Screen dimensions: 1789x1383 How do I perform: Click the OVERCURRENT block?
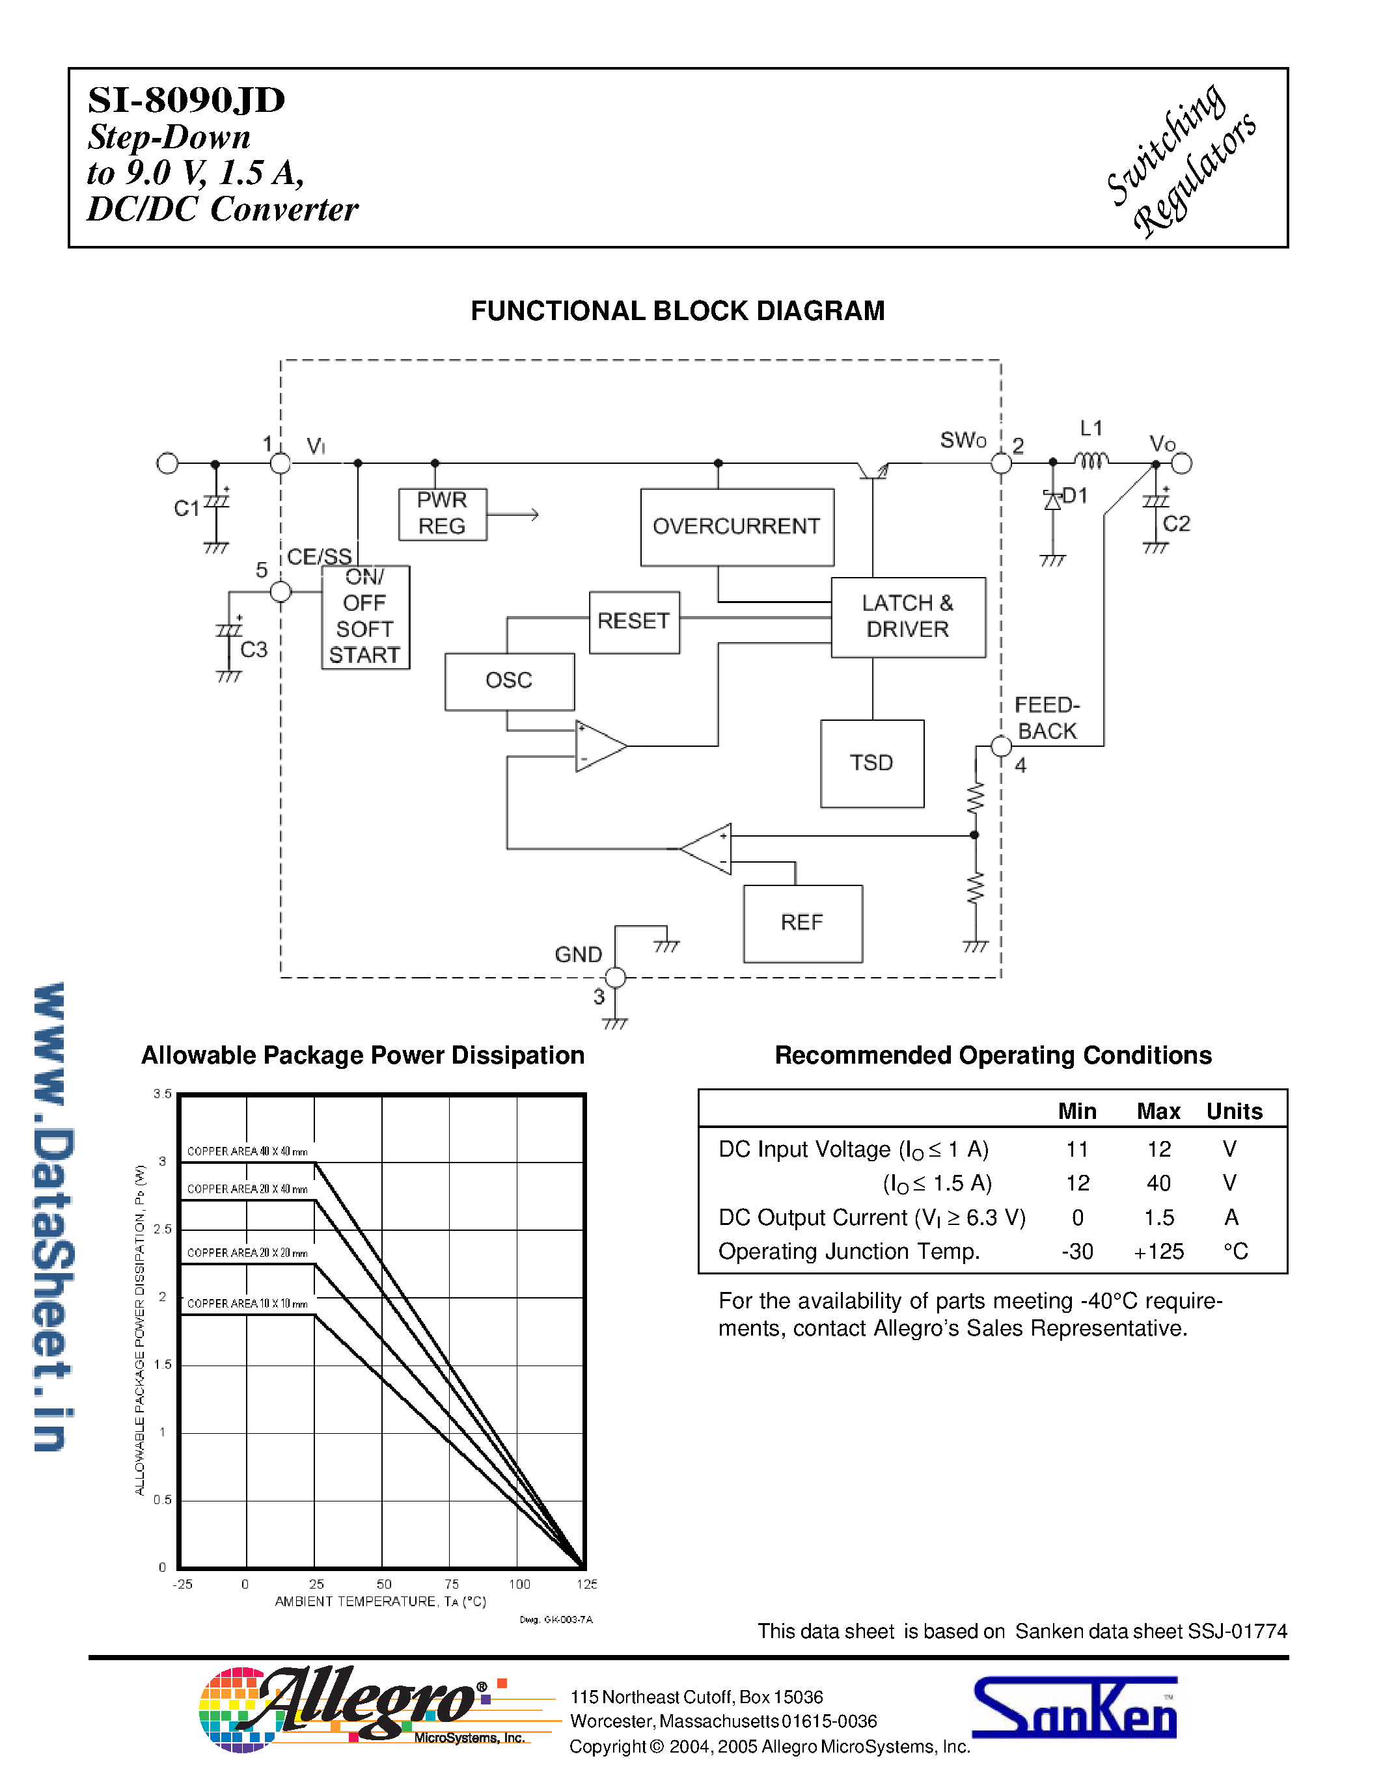(x=737, y=527)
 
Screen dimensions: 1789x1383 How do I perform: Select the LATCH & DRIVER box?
(x=908, y=617)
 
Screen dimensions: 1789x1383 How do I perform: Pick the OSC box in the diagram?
(x=509, y=680)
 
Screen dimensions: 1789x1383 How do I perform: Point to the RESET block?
(x=634, y=622)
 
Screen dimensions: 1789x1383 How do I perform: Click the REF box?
(x=802, y=923)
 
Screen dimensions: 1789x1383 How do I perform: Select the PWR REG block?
(x=443, y=513)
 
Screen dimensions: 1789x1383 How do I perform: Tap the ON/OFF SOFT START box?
(x=365, y=617)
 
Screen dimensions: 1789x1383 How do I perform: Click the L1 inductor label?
(x=1091, y=429)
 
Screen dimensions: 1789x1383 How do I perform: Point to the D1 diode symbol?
(x=1052, y=500)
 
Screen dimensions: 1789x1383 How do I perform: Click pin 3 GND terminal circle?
(x=615, y=977)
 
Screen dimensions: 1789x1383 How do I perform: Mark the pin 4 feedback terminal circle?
(x=1000, y=746)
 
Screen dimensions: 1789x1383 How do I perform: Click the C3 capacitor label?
(x=253, y=650)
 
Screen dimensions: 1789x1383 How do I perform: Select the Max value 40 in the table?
(x=1158, y=1183)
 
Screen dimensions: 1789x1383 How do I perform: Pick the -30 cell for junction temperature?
(x=1076, y=1252)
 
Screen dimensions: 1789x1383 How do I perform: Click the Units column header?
(x=1234, y=1112)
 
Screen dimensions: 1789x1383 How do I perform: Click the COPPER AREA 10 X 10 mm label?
(x=247, y=1303)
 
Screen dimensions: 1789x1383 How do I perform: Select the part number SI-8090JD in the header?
(x=187, y=100)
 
